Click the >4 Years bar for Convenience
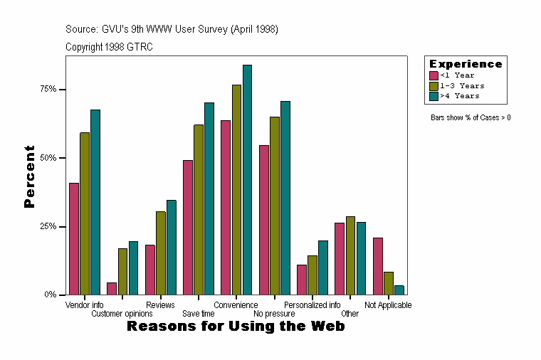pos(247,179)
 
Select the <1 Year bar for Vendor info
pos(74,238)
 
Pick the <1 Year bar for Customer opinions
pos(112,288)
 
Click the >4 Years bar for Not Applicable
pos(399,290)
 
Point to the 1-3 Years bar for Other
pos(350,255)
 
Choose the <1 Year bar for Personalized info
pos(302,280)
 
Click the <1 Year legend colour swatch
pos(434,75)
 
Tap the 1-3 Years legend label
pos(462,85)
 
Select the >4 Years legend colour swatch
pos(434,95)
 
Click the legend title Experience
pos(465,64)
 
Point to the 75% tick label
pos(48,90)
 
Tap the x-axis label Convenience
pos(236,305)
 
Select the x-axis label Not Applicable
pos(388,305)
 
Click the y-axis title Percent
pos(29,176)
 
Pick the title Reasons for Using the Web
pos(236,327)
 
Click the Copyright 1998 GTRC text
pos(109,47)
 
